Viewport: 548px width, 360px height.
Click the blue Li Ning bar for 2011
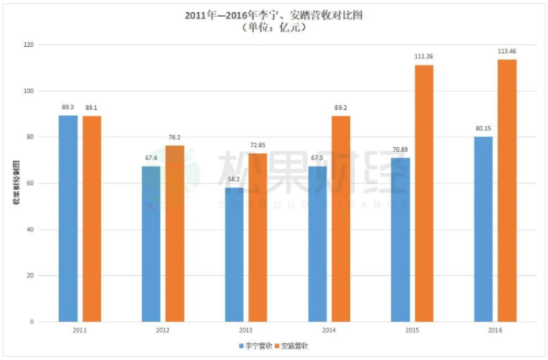coord(68,218)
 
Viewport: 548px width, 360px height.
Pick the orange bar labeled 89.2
coord(340,218)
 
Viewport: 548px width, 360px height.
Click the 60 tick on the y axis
coord(30,183)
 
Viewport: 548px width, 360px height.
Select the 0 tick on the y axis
coord(32,322)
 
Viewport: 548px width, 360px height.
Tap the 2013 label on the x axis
coord(245,331)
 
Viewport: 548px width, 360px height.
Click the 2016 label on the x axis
coord(495,331)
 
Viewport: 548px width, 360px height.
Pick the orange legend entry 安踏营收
coord(295,345)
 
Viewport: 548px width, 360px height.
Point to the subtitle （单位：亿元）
coord(273,26)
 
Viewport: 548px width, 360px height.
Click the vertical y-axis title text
coord(15,182)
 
